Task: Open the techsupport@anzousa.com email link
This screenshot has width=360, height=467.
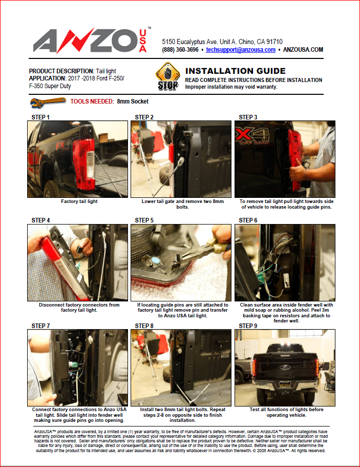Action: coord(241,50)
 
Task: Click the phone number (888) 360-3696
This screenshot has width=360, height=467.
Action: coord(180,50)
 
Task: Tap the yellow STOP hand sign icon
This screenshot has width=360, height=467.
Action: coord(168,76)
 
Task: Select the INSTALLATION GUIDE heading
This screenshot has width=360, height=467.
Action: coord(236,71)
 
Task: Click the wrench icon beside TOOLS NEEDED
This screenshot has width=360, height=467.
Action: coord(48,103)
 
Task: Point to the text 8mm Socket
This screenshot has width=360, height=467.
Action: coord(133,101)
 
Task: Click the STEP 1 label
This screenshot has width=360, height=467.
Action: coord(40,117)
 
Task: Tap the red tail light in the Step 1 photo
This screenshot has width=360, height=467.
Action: coord(83,163)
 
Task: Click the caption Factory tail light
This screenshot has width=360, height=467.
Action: coord(79,201)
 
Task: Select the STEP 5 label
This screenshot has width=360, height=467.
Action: coord(144,220)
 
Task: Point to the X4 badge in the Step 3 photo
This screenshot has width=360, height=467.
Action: coord(252,135)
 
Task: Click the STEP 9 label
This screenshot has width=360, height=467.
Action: coord(248,326)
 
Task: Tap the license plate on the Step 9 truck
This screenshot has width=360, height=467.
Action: coord(285,384)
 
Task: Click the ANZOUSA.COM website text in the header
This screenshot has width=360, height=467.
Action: coord(303,50)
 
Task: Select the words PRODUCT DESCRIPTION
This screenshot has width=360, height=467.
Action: coord(61,71)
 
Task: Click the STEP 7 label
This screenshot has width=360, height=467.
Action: coord(40,326)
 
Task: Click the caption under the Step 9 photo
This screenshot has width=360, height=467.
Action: coord(286,412)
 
